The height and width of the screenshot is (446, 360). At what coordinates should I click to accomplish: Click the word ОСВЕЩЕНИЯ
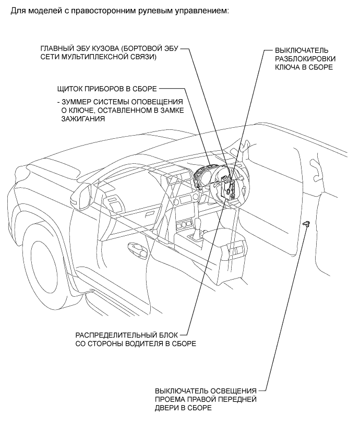[232, 391]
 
